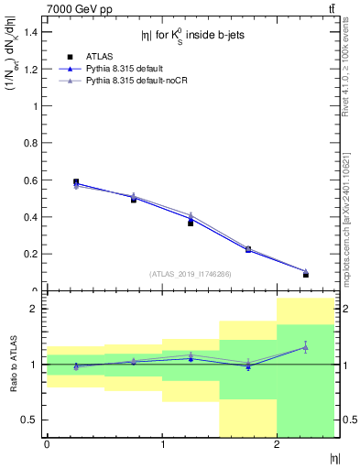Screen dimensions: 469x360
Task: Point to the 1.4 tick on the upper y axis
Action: [x=32, y=32]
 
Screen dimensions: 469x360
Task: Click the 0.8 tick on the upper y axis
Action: [x=32, y=143]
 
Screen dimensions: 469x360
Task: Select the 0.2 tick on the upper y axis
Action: [x=32, y=254]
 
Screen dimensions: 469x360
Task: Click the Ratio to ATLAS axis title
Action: [x=13, y=364]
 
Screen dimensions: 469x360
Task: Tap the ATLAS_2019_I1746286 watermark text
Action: [x=190, y=274]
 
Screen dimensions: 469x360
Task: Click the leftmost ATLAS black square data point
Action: [x=76, y=182]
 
